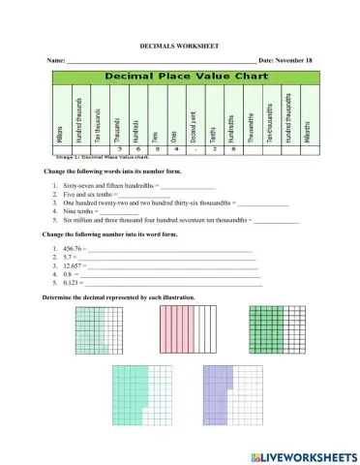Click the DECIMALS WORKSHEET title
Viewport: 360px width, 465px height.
point(180,45)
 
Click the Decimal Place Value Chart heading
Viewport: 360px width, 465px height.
point(180,74)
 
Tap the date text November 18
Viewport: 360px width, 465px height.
point(295,61)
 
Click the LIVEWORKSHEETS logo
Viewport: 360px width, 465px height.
point(303,455)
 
